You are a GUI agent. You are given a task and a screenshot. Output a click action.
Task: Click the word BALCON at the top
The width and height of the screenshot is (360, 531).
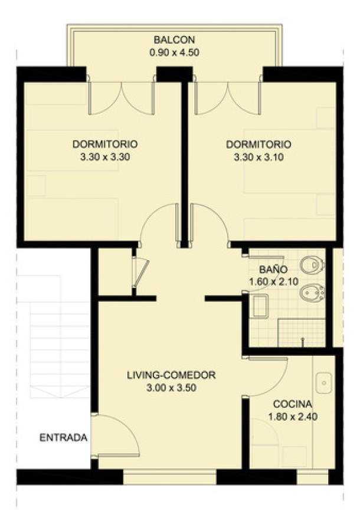[174, 40]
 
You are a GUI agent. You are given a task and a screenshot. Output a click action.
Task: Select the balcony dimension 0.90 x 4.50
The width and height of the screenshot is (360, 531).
[174, 52]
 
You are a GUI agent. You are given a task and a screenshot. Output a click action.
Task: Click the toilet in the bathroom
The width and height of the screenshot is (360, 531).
[311, 265]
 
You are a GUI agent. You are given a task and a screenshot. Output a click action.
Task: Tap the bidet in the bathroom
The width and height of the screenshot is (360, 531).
[311, 293]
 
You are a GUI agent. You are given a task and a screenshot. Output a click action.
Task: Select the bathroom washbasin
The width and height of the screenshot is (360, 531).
[258, 305]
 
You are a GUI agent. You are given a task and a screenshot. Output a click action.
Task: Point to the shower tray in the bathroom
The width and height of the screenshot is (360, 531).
[302, 333]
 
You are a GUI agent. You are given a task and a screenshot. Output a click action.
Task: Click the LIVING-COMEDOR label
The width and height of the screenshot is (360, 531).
[171, 375]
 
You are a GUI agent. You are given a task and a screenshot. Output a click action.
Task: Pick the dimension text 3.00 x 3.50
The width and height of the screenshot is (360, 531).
[171, 388]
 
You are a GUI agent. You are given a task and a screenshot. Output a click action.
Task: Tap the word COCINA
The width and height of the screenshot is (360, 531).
[293, 404]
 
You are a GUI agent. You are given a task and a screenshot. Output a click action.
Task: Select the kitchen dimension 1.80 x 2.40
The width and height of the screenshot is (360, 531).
[293, 417]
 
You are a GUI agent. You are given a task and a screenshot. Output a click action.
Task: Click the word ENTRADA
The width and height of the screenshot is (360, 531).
[63, 438]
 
